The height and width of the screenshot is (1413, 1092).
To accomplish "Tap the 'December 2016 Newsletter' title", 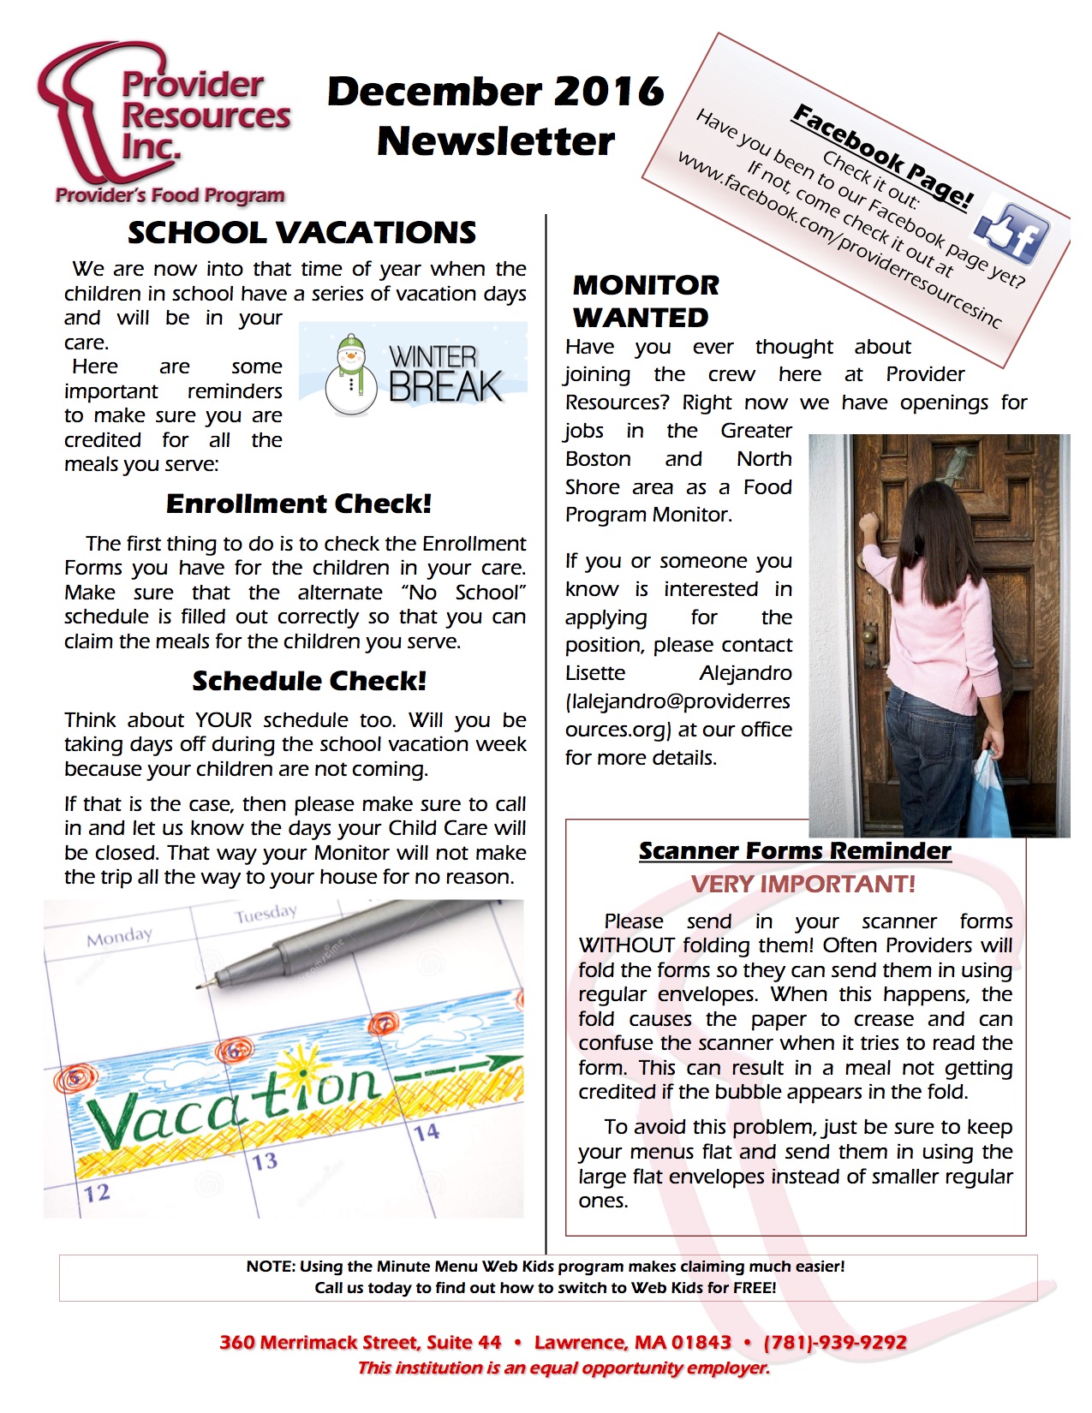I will tap(495, 116).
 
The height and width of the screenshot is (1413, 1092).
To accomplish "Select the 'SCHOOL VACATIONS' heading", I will tap(301, 233).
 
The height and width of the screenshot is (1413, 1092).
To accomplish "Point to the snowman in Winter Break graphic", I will tap(350, 375).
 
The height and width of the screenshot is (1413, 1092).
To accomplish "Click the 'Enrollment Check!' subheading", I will tap(298, 504).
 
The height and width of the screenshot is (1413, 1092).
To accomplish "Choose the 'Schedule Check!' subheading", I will tap(308, 681).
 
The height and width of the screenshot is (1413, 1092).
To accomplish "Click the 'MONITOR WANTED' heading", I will tap(646, 301).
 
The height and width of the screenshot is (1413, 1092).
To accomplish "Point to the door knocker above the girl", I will tap(952, 467).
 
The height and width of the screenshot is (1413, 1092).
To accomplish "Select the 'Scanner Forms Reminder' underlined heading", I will tap(795, 850).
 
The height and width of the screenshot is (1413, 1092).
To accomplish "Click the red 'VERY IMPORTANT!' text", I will tap(803, 884).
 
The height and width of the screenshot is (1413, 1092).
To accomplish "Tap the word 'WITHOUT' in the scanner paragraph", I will tap(626, 945).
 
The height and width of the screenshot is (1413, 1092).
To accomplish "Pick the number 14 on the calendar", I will tap(427, 1132).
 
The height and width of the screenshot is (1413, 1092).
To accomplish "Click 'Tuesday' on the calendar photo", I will tap(266, 914).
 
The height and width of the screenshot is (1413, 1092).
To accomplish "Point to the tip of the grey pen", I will tap(200, 987).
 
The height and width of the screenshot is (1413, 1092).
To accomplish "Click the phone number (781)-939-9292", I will tap(834, 1342).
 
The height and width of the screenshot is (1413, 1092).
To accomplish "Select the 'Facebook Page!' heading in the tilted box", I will tap(883, 156).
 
